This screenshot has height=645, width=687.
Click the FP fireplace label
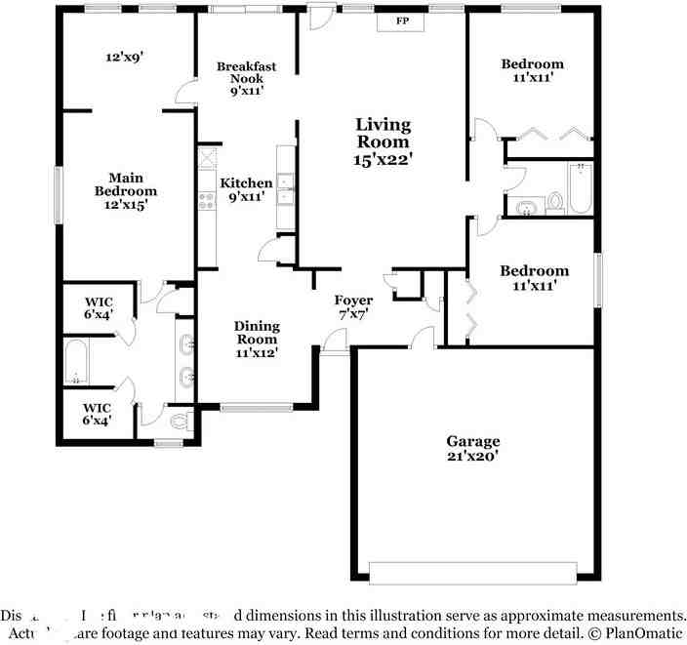(401, 20)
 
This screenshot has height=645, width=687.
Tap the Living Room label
(383, 133)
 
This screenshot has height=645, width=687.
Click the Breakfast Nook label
(247, 72)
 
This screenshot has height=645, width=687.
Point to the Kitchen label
(246, 183)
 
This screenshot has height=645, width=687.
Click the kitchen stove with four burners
(207, 201)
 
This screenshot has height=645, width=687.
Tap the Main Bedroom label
(125, 184)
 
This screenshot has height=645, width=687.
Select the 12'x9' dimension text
(125, 57)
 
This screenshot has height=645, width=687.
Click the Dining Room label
(257, 333)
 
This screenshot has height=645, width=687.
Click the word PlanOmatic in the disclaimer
(639, 632)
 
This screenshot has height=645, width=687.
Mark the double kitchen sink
(285, 188)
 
